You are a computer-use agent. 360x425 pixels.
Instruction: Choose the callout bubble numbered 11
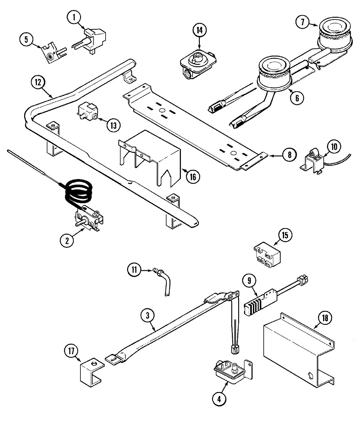134,270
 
